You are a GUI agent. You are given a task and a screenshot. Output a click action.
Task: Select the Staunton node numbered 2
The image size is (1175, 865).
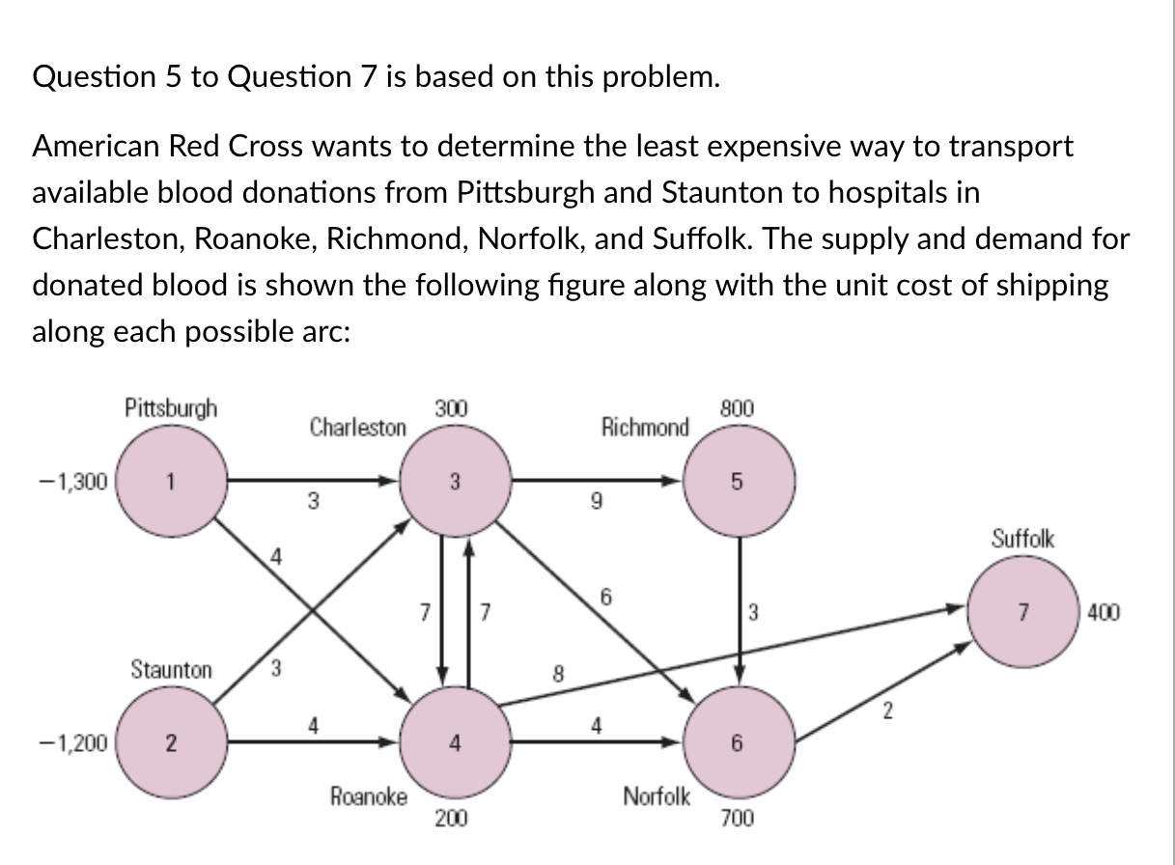coord(171,742)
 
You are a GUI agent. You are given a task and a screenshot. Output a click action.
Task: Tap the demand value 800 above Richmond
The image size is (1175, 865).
coord(737,407)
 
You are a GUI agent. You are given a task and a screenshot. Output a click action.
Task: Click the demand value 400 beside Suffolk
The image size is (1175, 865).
coord(1105,612)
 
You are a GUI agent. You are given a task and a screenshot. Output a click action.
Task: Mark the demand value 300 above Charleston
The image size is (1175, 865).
coord(450,407)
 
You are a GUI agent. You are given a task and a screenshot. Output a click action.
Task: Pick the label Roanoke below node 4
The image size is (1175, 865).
coord(368,796)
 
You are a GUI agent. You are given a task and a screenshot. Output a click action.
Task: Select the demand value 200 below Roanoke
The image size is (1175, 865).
coord(450,820)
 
